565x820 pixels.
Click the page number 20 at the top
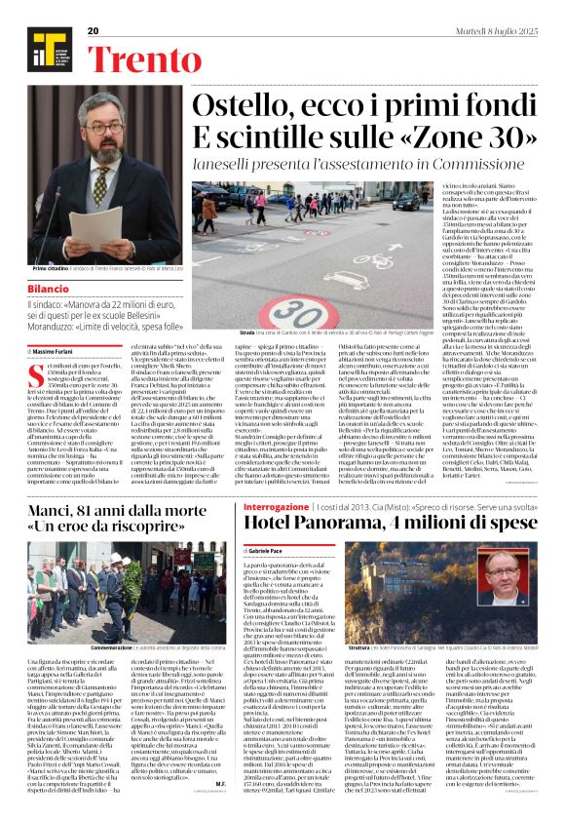pyautogui.click(x=94, y=31)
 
